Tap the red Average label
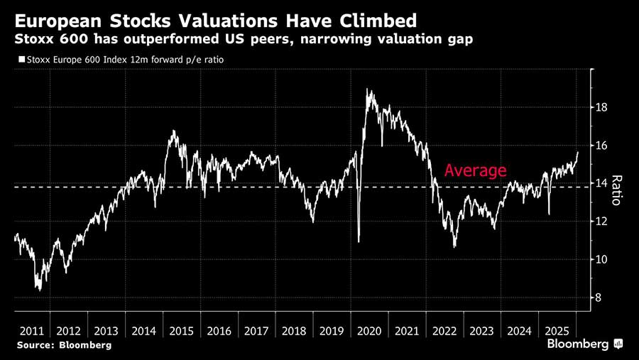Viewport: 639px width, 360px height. click(475, 170)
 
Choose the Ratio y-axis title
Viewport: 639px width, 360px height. click(616, 190)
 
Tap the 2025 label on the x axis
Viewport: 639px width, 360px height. click(557, 331)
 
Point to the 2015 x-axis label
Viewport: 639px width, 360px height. click(181, 331)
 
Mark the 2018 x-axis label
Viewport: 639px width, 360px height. click(294, 331)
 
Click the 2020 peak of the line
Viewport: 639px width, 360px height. click(368, 89)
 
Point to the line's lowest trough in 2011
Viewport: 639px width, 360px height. click(39, 290)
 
